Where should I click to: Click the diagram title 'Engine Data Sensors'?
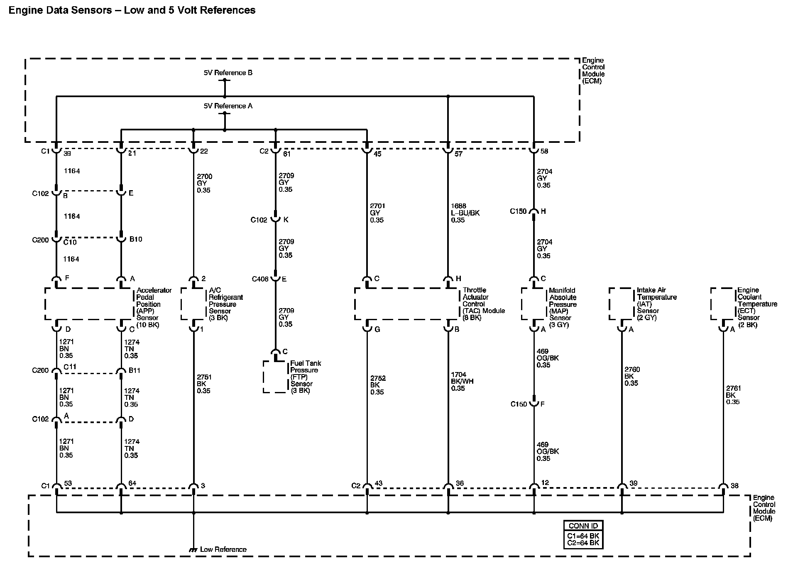[x=60, y=10]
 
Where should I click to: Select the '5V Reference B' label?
[x=228, y=73]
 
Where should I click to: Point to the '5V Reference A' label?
[x=228, y=106]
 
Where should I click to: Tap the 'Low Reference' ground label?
[x=223, y=549]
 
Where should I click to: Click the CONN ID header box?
[x=583, y=526]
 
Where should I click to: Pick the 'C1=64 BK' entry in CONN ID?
[x=583, y=536]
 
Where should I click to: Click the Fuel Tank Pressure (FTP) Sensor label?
[x=305, y=377]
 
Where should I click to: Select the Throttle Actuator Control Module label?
[x=484, y=304]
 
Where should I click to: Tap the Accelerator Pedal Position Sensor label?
[x=154, y=307]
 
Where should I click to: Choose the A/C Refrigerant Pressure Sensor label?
[x=225, y=304]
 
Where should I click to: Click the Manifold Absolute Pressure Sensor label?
[x=563, y=307]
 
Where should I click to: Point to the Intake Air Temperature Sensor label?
[x=656, y=304]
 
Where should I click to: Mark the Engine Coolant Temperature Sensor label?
[x=757, y=307]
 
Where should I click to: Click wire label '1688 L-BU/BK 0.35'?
[x=465, y=213]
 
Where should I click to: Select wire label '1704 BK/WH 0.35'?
[x=462, y=381]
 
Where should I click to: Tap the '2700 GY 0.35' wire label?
[x=204, y=183]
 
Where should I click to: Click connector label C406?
[x=260, y=279]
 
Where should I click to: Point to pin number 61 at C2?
[x=286, y=154]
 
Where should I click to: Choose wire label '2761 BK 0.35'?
[x=733, y=395]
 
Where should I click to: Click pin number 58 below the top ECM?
[x=544, y=151]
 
